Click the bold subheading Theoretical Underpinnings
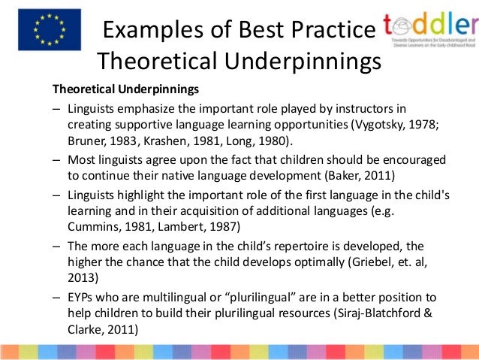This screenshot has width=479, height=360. click(124, 89)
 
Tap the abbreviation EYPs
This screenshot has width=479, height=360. click(82, 296)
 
